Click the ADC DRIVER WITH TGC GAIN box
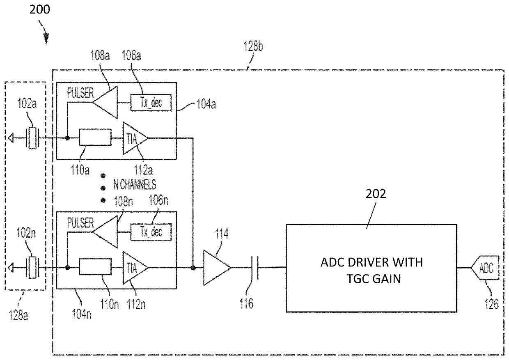(371, 268)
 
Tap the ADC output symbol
(485, 268)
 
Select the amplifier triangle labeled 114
(217, 268)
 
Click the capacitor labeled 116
(254, 268)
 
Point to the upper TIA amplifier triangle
(135, 138)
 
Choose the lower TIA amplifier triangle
(135, 268)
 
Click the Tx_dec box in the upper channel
(151, 103)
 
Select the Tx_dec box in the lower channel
(151, 232)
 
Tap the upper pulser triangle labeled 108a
(105, 102)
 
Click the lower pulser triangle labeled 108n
(105, 232)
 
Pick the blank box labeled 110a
(95, 137)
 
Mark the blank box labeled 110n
(95, 266)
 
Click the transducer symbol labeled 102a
(32, 138)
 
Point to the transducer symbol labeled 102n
(32, 268)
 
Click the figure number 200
(40, 9)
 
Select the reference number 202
(376, 194)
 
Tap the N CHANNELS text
(135, 184)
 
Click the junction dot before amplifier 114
(193, 268)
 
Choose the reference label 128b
(253, 46)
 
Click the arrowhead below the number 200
(46, 38)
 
